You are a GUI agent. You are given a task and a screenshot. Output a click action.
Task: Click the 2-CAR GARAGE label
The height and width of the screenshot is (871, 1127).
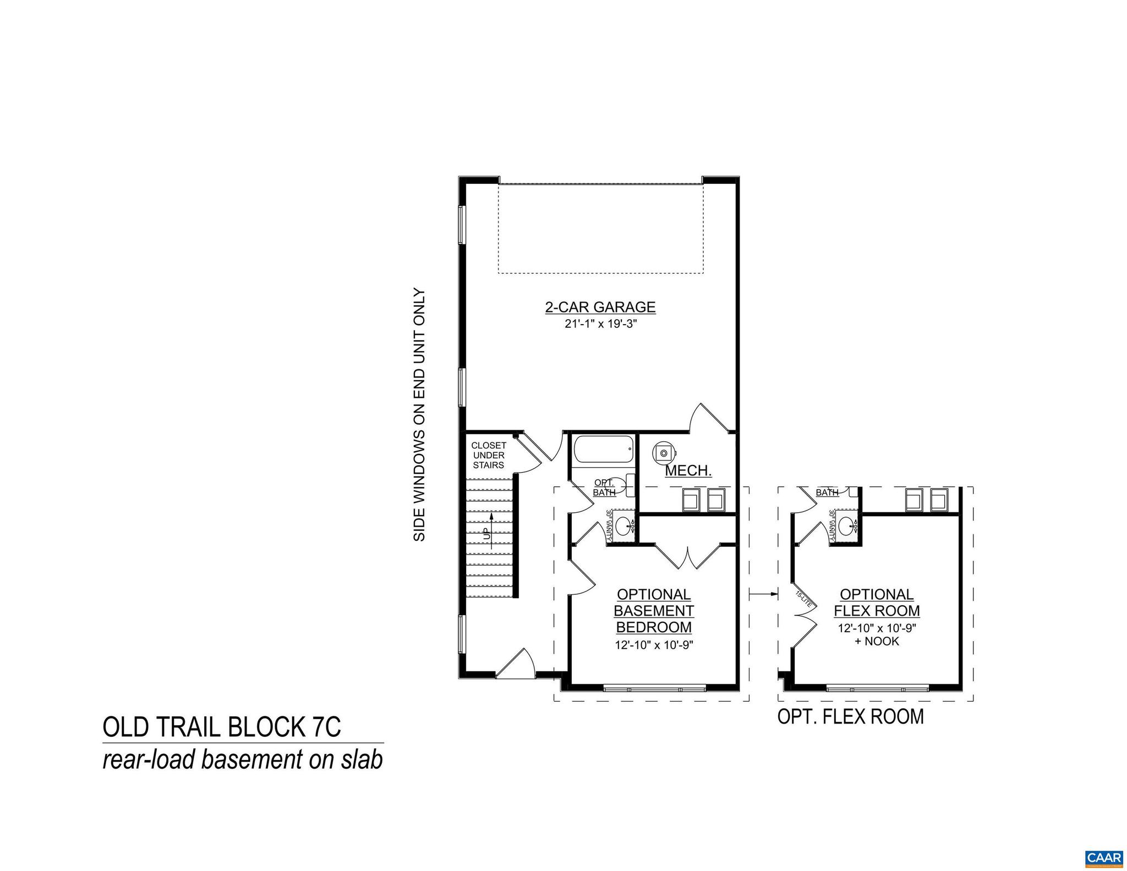click(x=600, y=307)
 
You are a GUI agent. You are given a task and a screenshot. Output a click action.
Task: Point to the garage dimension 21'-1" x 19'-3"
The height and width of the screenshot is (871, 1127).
click(x=600, y=324)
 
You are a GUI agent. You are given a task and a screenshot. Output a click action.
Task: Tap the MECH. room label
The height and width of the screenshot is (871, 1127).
click(x=688, y=471)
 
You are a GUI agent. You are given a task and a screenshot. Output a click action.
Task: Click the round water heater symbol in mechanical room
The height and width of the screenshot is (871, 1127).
click(x=664, y=453)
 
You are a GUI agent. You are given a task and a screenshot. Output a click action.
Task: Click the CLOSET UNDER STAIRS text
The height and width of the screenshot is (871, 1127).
click(x=489, y=455)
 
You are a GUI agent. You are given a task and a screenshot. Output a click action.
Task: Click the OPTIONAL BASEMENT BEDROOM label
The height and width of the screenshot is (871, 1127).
click(x=654, y=611)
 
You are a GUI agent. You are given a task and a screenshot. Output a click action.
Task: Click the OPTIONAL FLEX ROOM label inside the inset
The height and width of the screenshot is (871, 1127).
click(x=877, y=602)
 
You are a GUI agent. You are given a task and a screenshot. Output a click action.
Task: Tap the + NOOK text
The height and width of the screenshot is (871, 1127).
click(x=877, y=641)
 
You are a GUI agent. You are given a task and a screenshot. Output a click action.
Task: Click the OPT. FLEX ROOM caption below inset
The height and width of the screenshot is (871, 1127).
click(x=850, y=716)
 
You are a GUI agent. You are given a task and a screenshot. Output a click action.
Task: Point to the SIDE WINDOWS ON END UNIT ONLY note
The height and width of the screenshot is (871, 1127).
click(x=419, y=415)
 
